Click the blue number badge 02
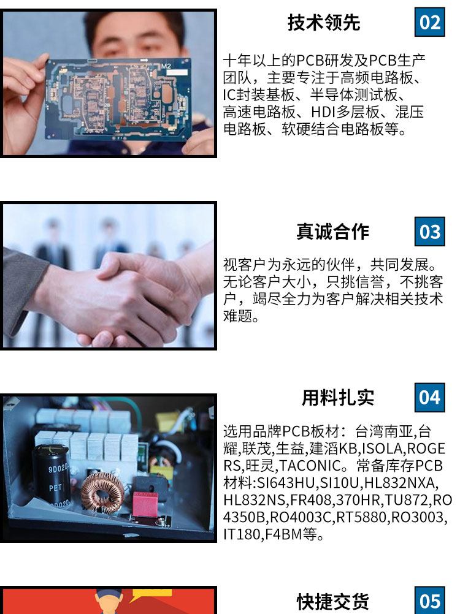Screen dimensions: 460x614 pyautogui.click(x=429, y=22)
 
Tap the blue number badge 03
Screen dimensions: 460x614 pyautogui.click(x=429, y=232)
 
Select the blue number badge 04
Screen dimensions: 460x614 pyautogui.click(x=429, y=398)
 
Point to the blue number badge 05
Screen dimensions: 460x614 pyautogui.click(x=429, y=601)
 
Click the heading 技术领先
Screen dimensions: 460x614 pyautogui.click(x=324, y=22)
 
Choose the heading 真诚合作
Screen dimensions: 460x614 pyautogui.click(x=332, y=232)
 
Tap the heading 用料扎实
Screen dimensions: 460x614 pyautogui.click(x=338, y=398)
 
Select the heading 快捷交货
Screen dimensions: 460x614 pyautogui.click(x=332, y=602)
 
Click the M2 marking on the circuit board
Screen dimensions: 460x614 pyautogui.click(x=166, y=66)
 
